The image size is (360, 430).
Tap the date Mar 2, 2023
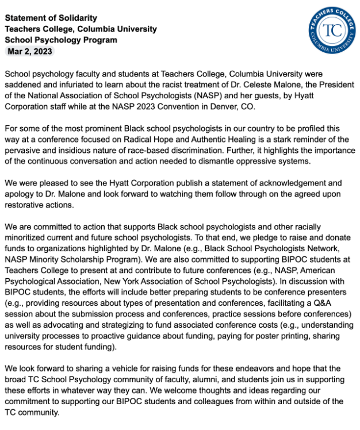29,51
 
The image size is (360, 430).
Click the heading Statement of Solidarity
51,18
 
